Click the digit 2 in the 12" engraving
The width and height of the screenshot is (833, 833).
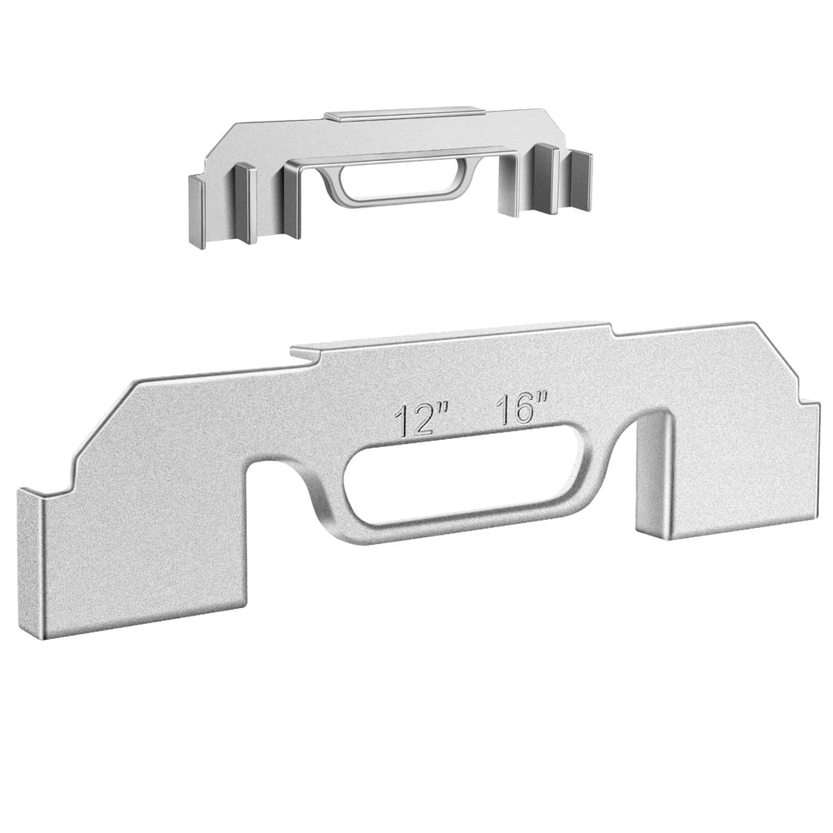pyautogui.click(x=424, y=421)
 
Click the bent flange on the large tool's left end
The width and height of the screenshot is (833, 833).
pyautogui.click(x=31, y=562)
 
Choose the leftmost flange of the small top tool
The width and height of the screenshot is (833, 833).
pyautogui.click(x=197, y=212)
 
